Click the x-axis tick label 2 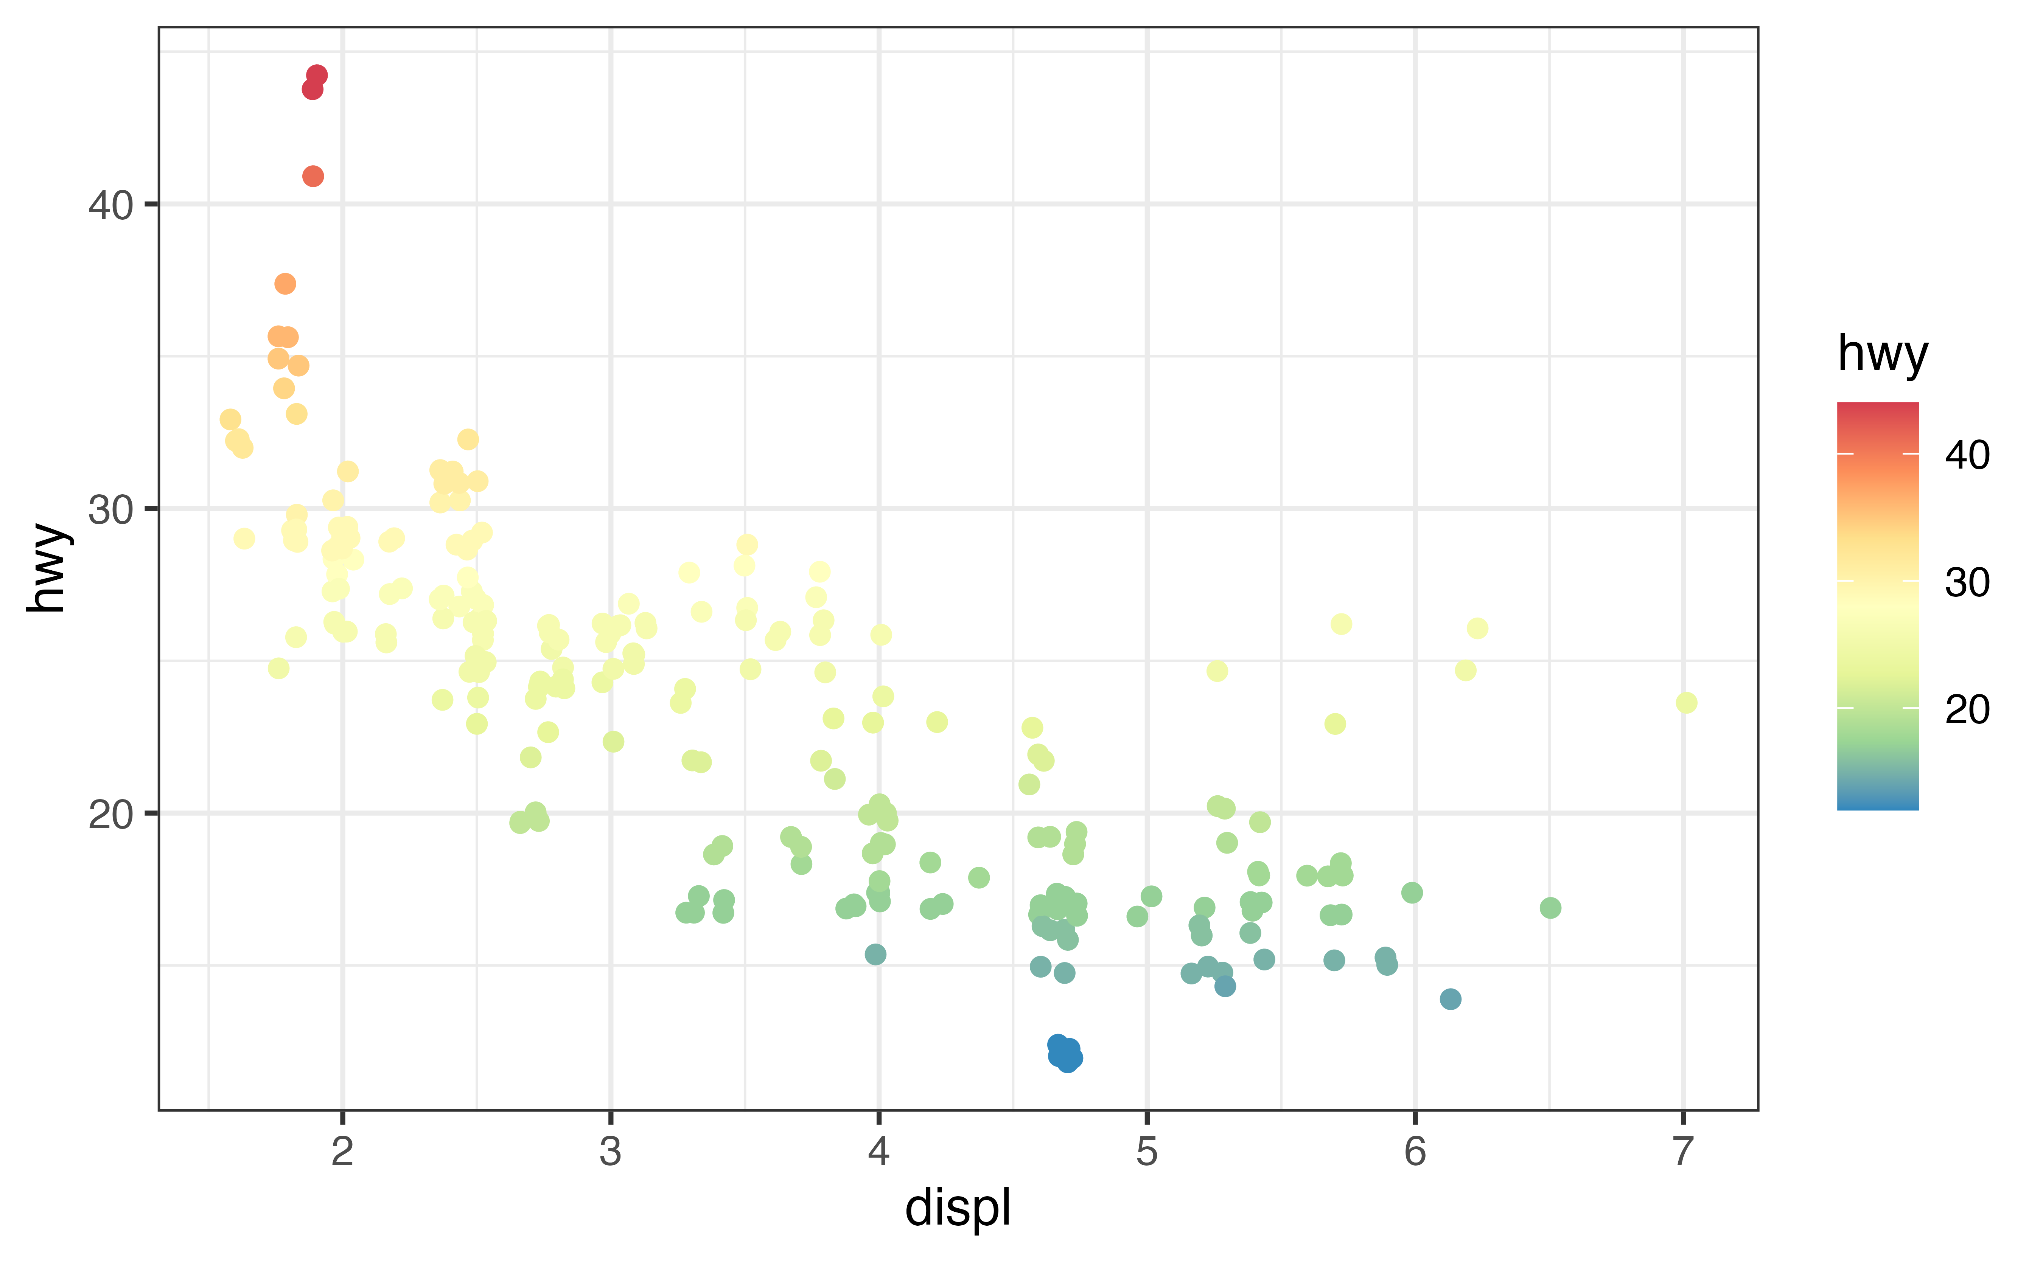[x=342, y=1152]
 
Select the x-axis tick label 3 [x=610, y=1152]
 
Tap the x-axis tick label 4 [x=878, y=1152]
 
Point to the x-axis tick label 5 [x=1146, y=1152]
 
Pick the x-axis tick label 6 [x=1414, y=1152]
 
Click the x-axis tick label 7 [x=1682, y=1152]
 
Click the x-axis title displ [x=958, y=1208]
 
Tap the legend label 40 [x=1967, y=455]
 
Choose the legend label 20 [x=1967, y=709]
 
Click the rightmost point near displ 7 [x=1685, y=703]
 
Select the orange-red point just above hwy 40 [x=313, y=176]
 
